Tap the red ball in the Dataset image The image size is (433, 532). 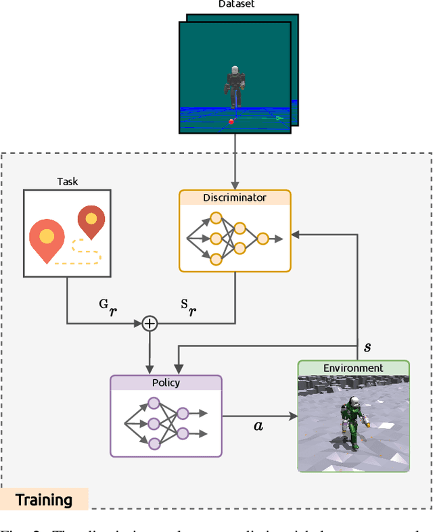click(231, 122)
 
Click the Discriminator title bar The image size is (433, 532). click(234, 198)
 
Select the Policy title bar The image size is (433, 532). click(166, 383)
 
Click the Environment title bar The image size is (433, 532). click(353, 368)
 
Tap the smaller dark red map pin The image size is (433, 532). click(91, 220)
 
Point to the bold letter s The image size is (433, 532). click(367, 347)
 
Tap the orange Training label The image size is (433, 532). click(44, 500)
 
